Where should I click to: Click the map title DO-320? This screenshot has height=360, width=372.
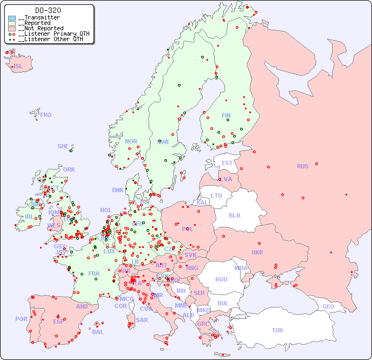pyautogui.click(x=48, y=10)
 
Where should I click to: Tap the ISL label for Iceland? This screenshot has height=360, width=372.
pyautogui.click(x=18, y=67)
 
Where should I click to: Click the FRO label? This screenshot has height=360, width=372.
pyautogui.click(x=46, y=115)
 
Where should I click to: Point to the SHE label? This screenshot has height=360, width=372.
pyautogui.click(x=63, y=146)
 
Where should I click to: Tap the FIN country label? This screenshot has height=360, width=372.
pyautogui.click(x=226, y=115)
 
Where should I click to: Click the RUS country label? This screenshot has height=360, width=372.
pyautogui.click(x=302, y=166)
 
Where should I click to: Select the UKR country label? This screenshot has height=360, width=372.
pyautogui.click(x=257, y=252)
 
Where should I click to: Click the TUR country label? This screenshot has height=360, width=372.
pyautogui.click(x=277, y=330)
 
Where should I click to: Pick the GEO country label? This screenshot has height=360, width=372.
pyautogui.click(x=328, y=306)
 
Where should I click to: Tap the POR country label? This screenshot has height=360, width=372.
pyautogui.click(x=21, y=319)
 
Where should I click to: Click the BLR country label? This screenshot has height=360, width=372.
pyautogui.click(x=234, y=215)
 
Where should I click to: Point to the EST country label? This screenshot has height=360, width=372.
pyautogui.click(x=227, y=163)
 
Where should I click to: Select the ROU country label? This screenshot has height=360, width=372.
pyautogui.click(x=221, y=279)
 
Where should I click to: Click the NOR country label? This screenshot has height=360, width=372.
pyautogui.click(x=131, y=141)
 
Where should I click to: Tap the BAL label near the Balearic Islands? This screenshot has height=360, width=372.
pyautogui.click(x=97, y=332)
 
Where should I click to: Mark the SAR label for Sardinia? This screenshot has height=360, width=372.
pyautogui.click(x=142, y=320)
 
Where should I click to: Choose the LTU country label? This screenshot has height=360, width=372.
pyautogui.click(x=216, y=195)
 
